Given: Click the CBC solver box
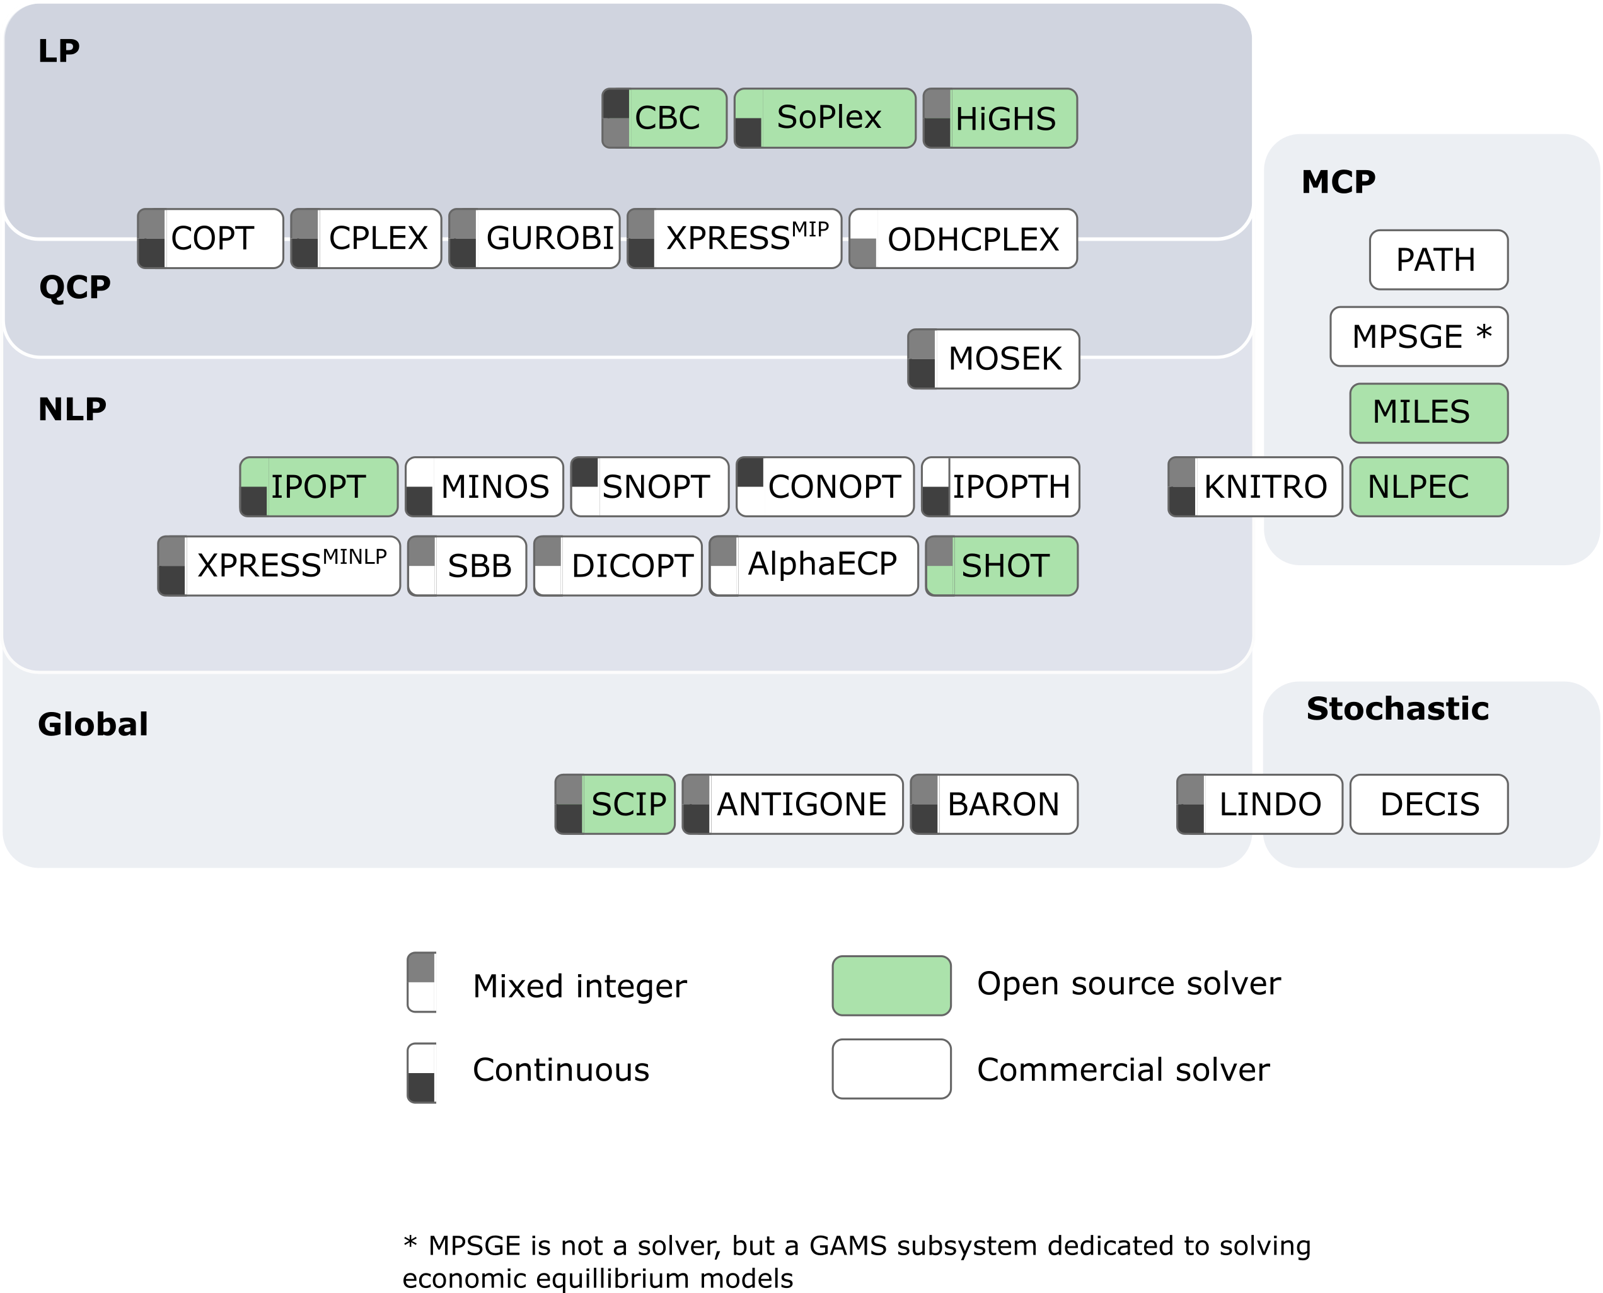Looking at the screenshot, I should [x=664, y=118].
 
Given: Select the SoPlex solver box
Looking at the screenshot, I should [x=825, y=118].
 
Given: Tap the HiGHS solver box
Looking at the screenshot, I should [x=1000, y=118].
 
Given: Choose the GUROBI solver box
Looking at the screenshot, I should [x=535, y=238].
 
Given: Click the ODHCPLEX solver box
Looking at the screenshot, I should [x=963, y=239].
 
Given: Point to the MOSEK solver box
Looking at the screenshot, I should [x=993, y=359].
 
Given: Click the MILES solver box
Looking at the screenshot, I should [x=1428, y=413].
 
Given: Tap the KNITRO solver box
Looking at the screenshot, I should [x=1255, y=487].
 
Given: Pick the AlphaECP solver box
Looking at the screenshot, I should [x=813, y=565].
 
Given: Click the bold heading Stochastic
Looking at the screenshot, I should [x=1398, y=708].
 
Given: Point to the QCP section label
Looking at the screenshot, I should [x=74, y=287].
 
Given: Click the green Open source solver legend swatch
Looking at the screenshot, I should [x=891, y=986].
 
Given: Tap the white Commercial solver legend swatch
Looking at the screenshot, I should [x=891, y=1069].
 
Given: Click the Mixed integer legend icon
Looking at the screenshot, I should [x=422, y=982].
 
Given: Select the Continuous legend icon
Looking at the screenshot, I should [x=422, y=1072].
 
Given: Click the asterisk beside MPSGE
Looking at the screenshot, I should [x=1483, y=332].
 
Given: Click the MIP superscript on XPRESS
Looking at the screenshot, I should [x=809, y=229].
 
